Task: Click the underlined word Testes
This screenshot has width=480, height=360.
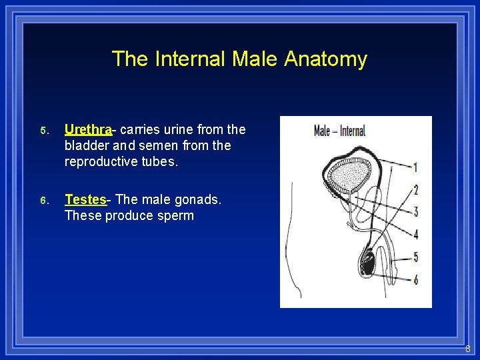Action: click(x=85, y=199)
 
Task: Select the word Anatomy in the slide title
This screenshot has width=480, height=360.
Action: click(x=325, y=59)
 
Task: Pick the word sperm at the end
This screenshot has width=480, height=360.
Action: click(x=175, y=215)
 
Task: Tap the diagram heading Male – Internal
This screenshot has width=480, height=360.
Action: click(x=339, y=131)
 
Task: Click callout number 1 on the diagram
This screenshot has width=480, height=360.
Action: click(x=415, y=167)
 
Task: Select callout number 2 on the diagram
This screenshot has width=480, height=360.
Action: click(x=415, y=190)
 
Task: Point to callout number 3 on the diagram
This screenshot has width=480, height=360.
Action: click(x=415, y=212)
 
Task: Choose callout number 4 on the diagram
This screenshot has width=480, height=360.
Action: click(x=415, y=234)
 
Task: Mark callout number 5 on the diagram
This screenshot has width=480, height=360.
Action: click(x=415, y=257)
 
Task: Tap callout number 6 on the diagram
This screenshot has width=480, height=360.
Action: click(x=415, y=279)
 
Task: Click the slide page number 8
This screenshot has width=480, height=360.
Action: click(x=467, y=348)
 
